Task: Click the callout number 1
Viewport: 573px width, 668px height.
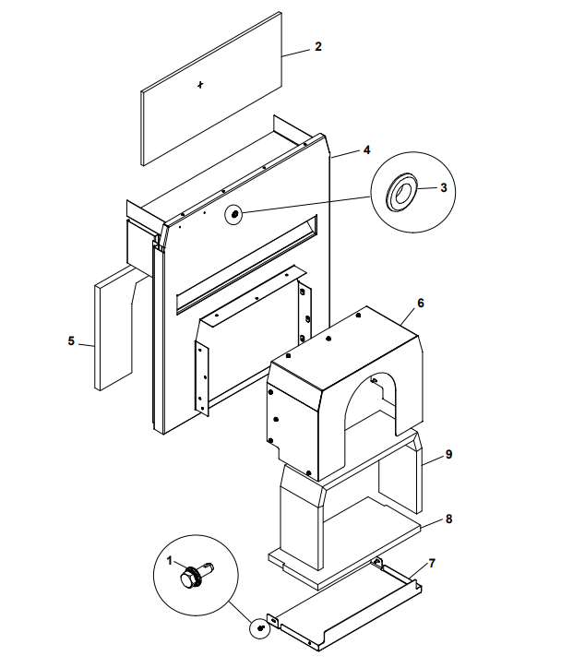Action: [x=170, y=559]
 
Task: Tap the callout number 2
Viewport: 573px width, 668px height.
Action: [x=317, y=46]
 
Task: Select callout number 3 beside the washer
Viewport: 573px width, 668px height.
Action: [x=443, y=187]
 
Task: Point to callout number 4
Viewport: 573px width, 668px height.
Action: [x=366, y=149]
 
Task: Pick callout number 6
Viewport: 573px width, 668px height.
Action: [x=420, y=303]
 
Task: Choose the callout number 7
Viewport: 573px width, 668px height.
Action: [x=432, y=562]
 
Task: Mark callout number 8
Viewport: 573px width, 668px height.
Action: [x=448, y=519]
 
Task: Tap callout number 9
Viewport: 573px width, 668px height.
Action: [x=448, y=454]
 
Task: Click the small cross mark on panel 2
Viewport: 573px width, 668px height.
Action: [x=201, y=85]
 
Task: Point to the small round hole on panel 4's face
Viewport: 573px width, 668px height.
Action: [x=234, y=214]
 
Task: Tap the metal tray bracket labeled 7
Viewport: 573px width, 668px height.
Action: [x=351, y=604]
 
